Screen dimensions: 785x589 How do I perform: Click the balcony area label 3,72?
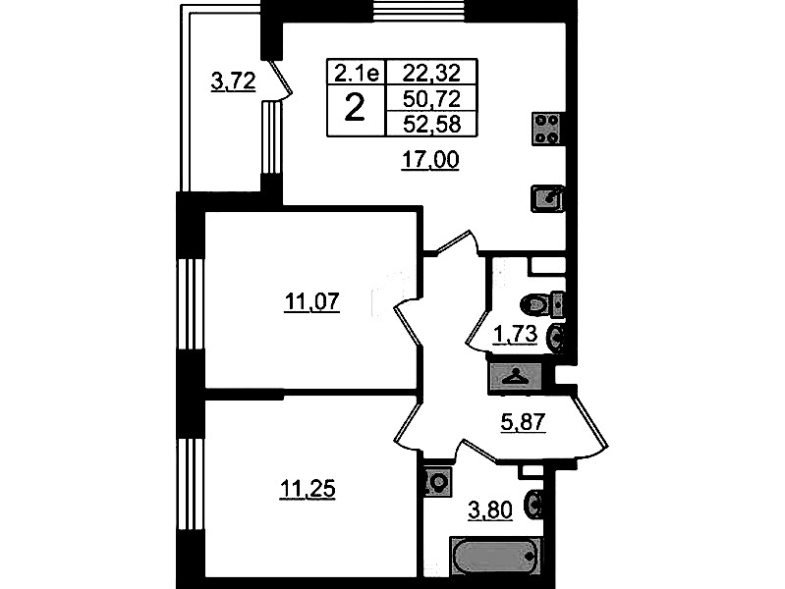point(233,81)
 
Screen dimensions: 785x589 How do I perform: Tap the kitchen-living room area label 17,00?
point(430,160)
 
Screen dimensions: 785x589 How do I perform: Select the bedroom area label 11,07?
point(311,302)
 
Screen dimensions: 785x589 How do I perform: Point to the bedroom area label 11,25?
point(307,489)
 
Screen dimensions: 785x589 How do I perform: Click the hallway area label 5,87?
point(523,422)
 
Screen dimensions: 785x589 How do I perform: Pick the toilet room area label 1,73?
point(516,335)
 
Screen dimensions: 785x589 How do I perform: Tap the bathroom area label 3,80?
point(490,510)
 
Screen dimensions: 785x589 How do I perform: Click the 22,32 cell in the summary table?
point(431,73)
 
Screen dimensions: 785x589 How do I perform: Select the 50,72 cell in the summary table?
point(431,99)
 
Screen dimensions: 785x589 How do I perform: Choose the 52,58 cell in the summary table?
point(431,124)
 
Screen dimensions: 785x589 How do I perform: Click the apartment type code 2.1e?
point(357,74)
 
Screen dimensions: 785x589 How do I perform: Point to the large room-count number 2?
point(355,109)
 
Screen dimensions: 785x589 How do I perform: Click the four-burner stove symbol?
point(547,129)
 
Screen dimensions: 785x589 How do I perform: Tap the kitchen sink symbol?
point(547,198)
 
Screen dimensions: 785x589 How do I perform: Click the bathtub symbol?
point(495,556)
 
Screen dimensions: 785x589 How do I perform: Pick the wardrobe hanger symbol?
point(516,376)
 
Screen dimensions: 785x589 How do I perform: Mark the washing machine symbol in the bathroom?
point(439,482)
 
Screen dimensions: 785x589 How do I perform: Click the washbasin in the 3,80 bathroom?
point(534,505)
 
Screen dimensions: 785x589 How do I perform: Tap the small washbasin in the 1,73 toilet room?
point(557,338)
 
